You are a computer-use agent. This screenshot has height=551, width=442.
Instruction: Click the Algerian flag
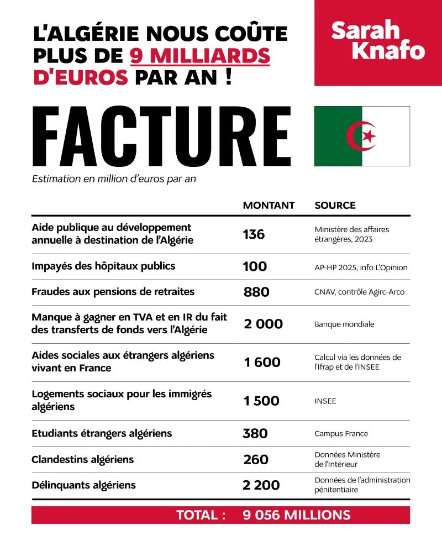362,136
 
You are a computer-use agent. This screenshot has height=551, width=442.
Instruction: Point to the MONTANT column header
269,205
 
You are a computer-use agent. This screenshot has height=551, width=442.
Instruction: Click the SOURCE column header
335,205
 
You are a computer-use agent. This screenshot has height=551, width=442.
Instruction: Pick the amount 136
254,234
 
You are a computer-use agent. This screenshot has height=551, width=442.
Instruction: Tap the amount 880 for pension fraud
256,292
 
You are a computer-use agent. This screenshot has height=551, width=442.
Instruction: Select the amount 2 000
263,324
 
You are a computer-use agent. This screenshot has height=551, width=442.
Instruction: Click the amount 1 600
262,362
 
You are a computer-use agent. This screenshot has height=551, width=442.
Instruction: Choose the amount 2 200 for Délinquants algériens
261,485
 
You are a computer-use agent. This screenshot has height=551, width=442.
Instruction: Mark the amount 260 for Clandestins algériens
256,459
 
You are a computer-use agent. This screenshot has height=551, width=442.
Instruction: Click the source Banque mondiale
344,324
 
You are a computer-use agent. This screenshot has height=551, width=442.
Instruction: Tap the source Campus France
341,434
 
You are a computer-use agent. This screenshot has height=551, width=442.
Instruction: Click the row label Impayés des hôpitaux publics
103,266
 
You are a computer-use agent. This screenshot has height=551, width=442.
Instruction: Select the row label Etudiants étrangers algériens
102,433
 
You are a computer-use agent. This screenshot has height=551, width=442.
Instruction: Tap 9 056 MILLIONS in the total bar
296,515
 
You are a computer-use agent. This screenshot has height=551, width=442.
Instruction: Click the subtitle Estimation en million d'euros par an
114,179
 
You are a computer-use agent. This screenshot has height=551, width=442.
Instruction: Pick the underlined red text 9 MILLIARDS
200,56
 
